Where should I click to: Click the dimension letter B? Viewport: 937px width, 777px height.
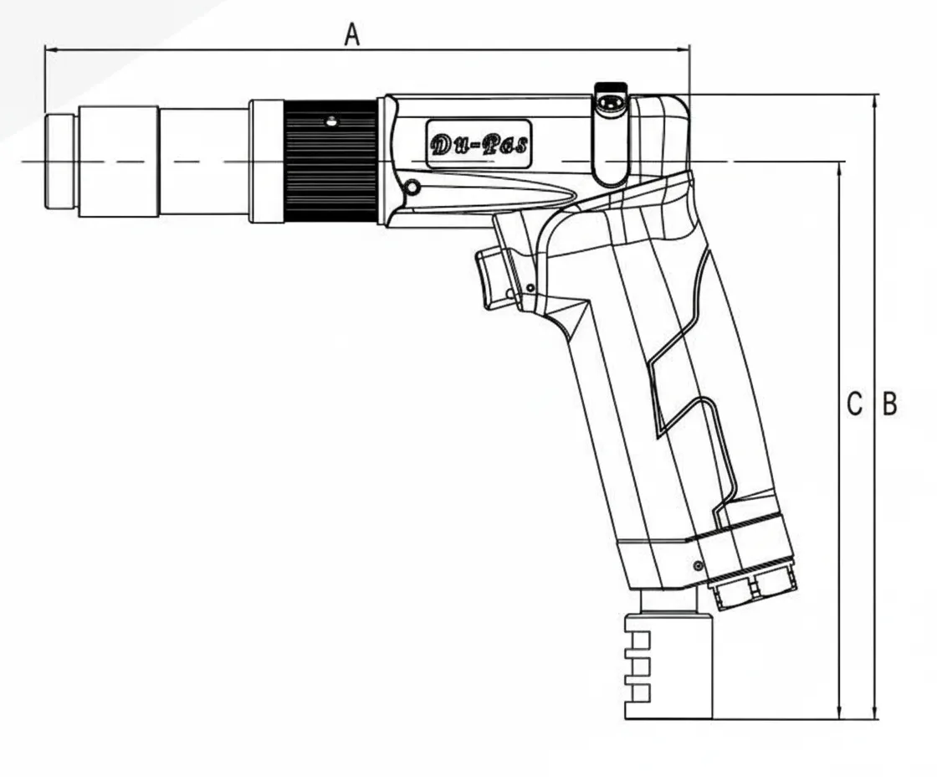coord(890,404)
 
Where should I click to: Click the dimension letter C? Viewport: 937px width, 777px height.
coord(853,404)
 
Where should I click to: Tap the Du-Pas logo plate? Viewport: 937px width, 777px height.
coord(479,144)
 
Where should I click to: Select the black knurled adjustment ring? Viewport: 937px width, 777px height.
coord(330,161)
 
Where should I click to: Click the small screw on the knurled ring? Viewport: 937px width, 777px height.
coord(332,121)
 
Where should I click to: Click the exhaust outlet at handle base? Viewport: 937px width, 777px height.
coord(750,587)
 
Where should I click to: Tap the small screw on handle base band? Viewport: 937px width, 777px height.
coord(696,565)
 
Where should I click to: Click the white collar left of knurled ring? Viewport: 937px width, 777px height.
coord(267,161)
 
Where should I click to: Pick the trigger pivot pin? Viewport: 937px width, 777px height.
coord(530,288)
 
